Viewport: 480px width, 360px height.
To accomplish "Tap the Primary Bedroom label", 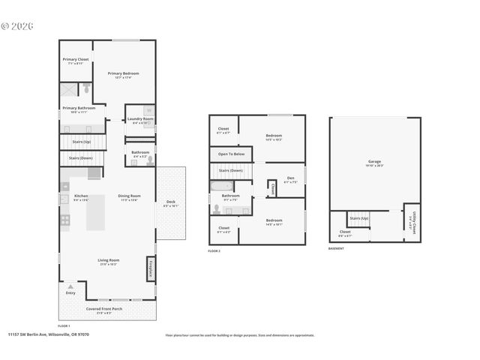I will pos(124,73).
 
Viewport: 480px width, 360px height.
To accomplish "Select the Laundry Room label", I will pos(140,118).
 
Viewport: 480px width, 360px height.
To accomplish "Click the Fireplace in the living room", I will pos(150,268).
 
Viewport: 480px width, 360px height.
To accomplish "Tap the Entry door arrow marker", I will pos(70,286).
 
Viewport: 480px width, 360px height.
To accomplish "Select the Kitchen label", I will pos(81,196).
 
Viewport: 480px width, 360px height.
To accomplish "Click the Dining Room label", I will pos(129,196).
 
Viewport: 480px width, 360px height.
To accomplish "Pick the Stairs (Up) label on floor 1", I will pos(80,141).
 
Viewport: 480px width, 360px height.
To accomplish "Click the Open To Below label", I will pos(231,154).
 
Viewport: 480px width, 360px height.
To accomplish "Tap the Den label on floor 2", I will pos(290,178).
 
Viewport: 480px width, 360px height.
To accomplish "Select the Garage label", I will pos(374,161).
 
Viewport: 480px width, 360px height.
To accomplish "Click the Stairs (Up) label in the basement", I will pos(360,218).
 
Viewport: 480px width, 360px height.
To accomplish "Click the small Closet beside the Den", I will pos(271,188).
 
